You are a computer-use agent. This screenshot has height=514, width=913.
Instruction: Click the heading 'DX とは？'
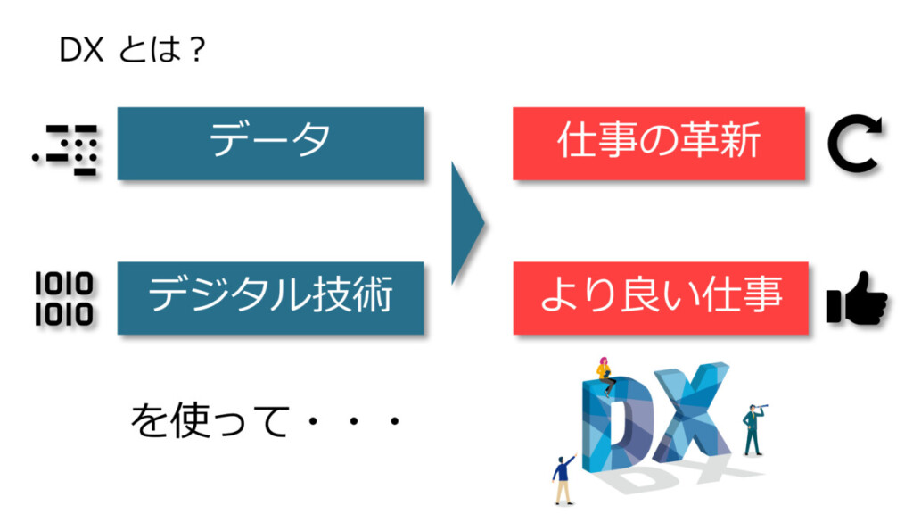(x=132, y=49)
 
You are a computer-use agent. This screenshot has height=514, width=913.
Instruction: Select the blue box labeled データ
(x=271, y=144)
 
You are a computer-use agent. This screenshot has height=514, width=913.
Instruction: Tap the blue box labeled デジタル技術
(x=271, y=298)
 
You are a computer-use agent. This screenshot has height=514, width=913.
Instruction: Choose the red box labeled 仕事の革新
(x=659, y=144)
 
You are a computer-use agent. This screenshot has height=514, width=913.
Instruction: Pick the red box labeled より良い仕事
(x=661, y=298)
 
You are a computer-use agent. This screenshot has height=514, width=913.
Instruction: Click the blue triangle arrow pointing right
(x=467, y=222)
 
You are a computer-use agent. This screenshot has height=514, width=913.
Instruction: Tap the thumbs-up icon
(x=857, y=298)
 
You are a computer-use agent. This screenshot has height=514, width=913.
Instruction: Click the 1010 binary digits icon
(x=63, y=299)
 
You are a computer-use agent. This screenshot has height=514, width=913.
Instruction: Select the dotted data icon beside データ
(x=66, y=150)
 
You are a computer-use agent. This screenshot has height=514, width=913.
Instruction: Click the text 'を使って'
(x=210, y=420)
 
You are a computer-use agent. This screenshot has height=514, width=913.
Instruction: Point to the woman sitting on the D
(x=605, y=376)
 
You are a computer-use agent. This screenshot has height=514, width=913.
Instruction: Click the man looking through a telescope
(x=753, y=429)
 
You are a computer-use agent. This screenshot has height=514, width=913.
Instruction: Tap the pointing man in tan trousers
(x=563, y=479)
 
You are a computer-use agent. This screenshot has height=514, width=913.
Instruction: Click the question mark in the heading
(x=197, y=50)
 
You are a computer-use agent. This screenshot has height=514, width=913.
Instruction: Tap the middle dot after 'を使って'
(x=353, y=421)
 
